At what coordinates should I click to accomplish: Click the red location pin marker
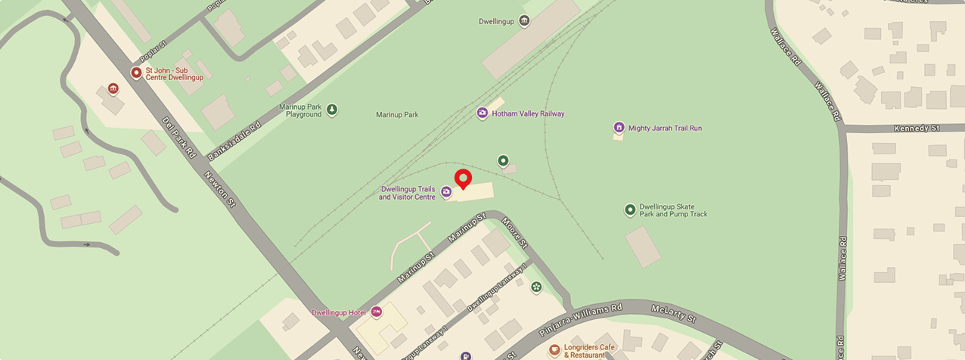click(463, 179)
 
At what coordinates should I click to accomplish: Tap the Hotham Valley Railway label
click(528, 114)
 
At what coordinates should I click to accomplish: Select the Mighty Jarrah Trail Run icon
click(619, 128)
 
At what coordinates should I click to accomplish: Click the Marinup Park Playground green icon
click(332, 110)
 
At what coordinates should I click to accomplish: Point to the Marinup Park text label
click(397, 115)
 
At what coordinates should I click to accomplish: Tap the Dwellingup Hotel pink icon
click(376, 312)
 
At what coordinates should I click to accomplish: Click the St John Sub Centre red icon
click(136, 73)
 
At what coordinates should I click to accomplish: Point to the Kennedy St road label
click(915, 129)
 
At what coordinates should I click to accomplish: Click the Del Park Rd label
click(179, 136)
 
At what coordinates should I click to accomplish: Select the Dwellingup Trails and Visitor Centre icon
click(447, 192)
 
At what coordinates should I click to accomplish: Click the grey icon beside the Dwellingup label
click(524, 21)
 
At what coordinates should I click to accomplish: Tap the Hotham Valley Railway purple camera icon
click(482, 113)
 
